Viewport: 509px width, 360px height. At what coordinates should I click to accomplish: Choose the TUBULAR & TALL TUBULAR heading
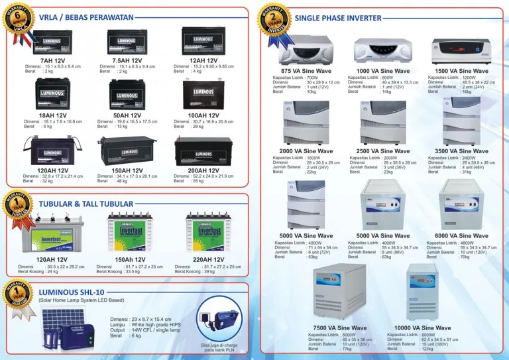(x=85, y=204)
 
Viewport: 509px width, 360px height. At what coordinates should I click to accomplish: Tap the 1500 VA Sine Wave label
(x=461, y=71)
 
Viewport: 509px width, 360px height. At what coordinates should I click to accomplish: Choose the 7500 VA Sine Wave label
(x=339, y=328)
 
